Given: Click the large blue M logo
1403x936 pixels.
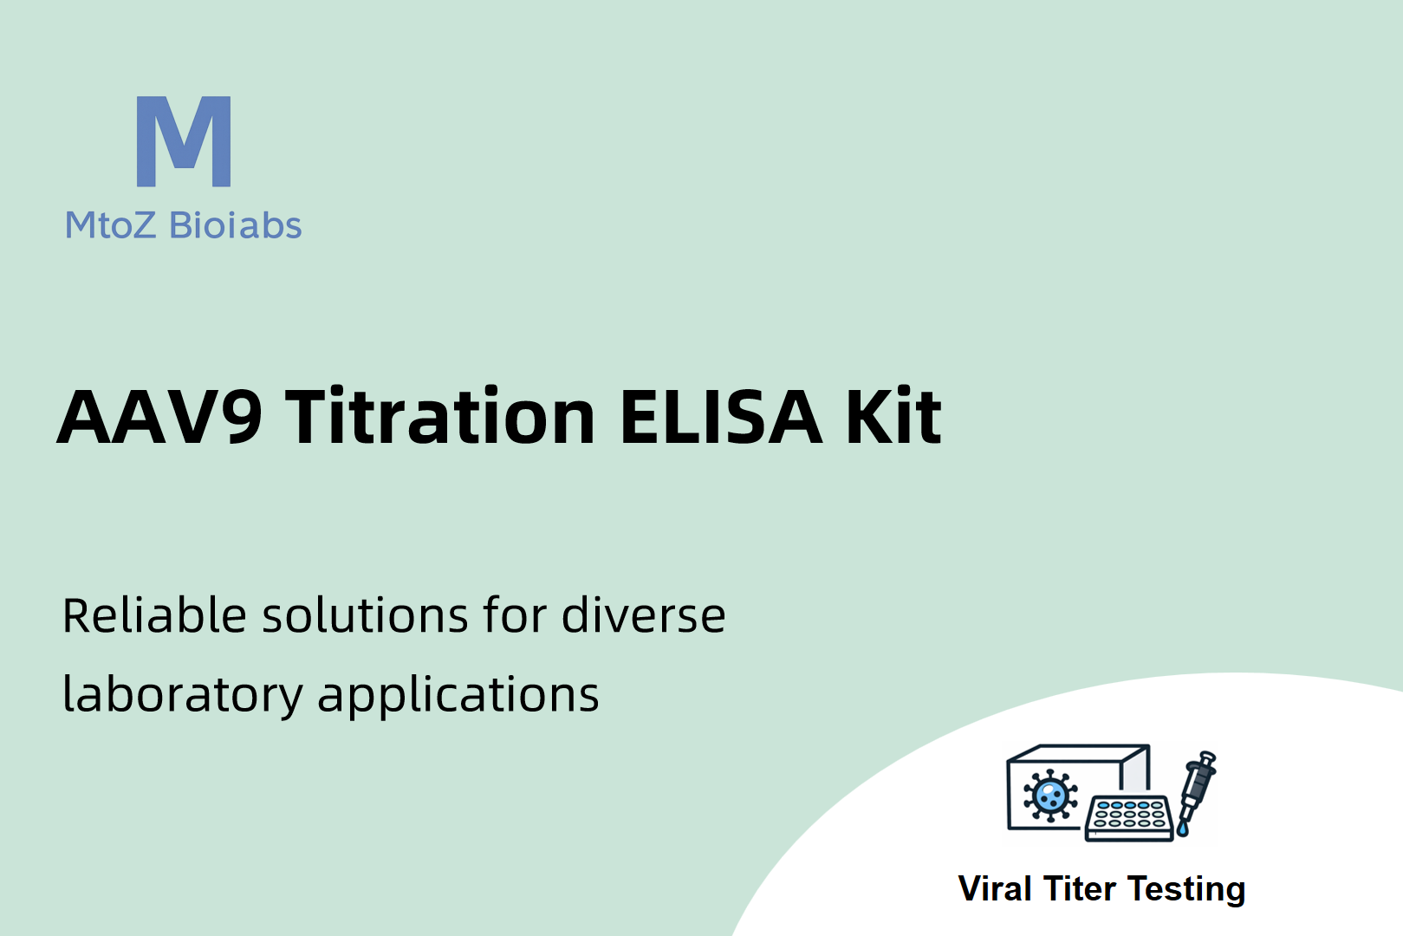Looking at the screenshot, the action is click(184, 141).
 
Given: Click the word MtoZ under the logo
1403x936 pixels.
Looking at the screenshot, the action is click(110, 225).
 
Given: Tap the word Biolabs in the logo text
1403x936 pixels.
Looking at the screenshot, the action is click(236, 224).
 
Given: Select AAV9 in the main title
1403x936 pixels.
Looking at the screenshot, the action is click(159, 417).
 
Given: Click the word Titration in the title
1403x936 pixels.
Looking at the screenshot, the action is click(439, 415).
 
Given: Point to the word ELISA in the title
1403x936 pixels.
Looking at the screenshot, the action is click(720, 417).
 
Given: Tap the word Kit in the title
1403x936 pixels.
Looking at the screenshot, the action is click(893, 415).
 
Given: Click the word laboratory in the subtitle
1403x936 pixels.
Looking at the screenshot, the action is click(183, 695).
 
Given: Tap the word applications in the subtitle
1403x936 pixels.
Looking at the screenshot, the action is click(458, 695).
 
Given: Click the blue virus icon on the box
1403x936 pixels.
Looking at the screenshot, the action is click(1050, 795).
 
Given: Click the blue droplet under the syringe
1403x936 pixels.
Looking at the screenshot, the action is click(1183, 829).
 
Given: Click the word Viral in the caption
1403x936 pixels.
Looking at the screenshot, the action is click(995, 888).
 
